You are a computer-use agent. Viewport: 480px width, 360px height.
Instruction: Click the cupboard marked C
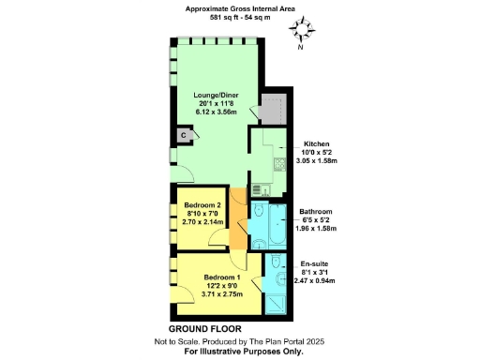(185, 135)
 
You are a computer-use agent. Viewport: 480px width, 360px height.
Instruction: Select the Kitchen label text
(314, 144)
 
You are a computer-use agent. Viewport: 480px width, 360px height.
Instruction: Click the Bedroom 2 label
(202, 205)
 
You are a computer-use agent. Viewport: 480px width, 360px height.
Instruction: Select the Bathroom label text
(315, 212)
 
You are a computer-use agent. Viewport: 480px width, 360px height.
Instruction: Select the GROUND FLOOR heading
(200, 330)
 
